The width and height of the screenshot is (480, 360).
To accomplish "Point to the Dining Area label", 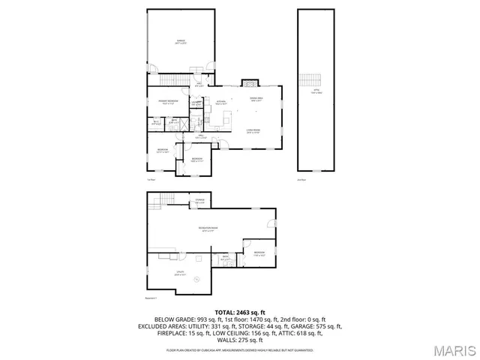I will click(256, 99).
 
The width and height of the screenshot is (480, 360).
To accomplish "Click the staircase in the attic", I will click(309, 79).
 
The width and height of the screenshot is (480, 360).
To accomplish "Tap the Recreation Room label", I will click(208, 229).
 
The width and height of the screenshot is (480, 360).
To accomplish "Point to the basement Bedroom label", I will click(259, 253).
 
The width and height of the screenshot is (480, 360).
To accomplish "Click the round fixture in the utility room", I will click(197, 280).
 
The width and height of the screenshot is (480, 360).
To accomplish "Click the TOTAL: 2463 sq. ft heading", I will click(239, 311).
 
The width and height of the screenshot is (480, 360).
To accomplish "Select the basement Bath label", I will click(225, 258).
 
